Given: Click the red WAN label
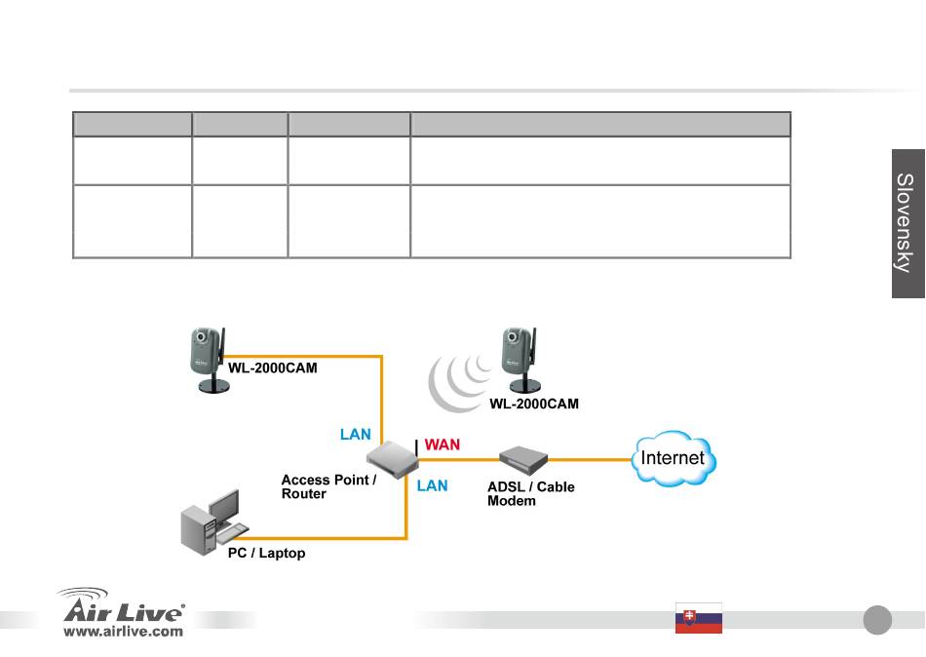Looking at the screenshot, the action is pyautogui.click(x=442, y=444).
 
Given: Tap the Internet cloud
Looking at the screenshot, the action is pyautogui.click(x=674, y=458).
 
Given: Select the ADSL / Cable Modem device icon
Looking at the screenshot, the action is pyautogui.click(x=523, y=459).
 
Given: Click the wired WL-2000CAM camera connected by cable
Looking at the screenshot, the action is pyautogui.click(x=209, y=360).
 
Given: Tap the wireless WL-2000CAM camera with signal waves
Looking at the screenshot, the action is pyautogui.click(x=521, y=360).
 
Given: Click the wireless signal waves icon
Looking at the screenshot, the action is pyautogui.click(x=459, y=381).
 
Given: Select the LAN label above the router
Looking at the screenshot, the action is pyautogui.click(x=356, y=434).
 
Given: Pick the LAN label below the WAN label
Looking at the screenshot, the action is pyautogui.click(x=432, y=485).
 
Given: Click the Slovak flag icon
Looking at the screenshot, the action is pyautogui.click(x=699, y=618).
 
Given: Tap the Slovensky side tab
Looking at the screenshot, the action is pyautogui.click(x=908, y=223).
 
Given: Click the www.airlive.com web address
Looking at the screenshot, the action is pyautogui.click(x=124, y=631).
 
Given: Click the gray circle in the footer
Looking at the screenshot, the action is pyautogui.click(x=877, y=620).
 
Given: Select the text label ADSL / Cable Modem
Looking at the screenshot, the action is pyautogui.click(x=531, y=494).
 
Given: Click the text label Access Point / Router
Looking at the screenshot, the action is pyautogui.click(x=328, y=486).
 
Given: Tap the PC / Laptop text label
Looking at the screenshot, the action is pyautogui.click(x=266, y=553).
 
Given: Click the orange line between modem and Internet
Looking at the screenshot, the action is pyautogui.click(x=590, y=459).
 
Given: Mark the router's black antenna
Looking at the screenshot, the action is pyautogui.click(x=417, y=447).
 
